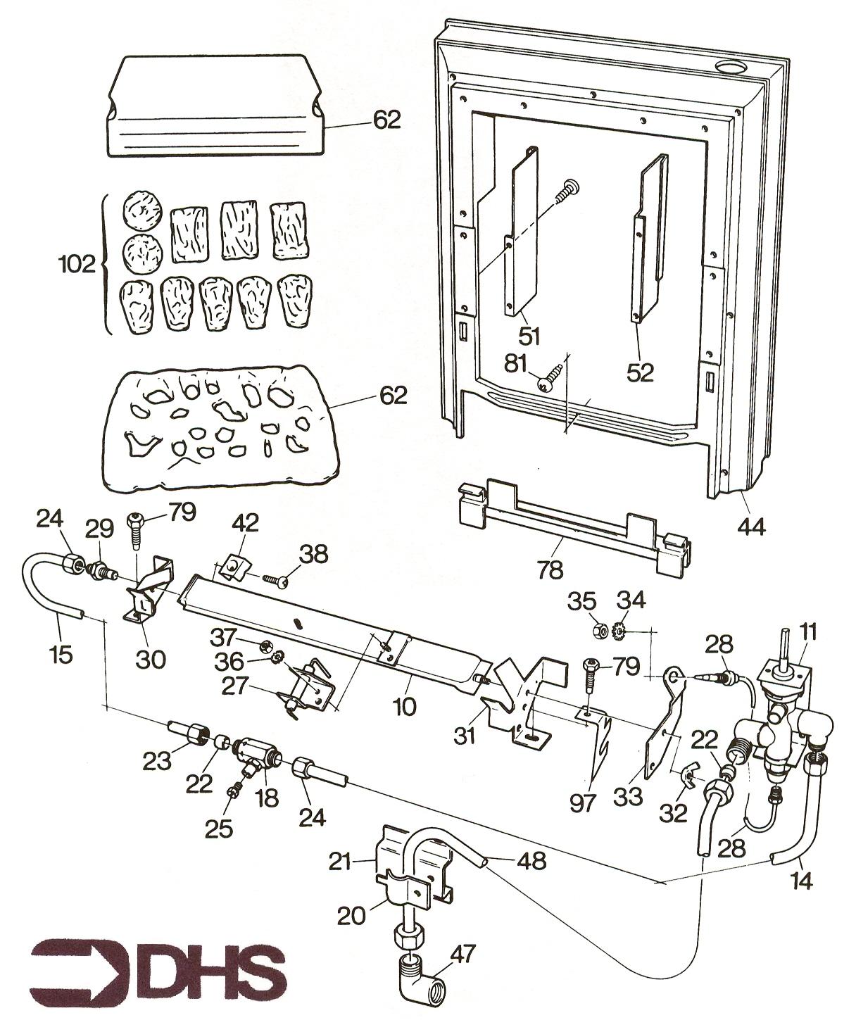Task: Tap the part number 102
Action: (77, 265)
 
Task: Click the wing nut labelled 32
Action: (681, 775)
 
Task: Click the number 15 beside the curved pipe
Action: (61, 654)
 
